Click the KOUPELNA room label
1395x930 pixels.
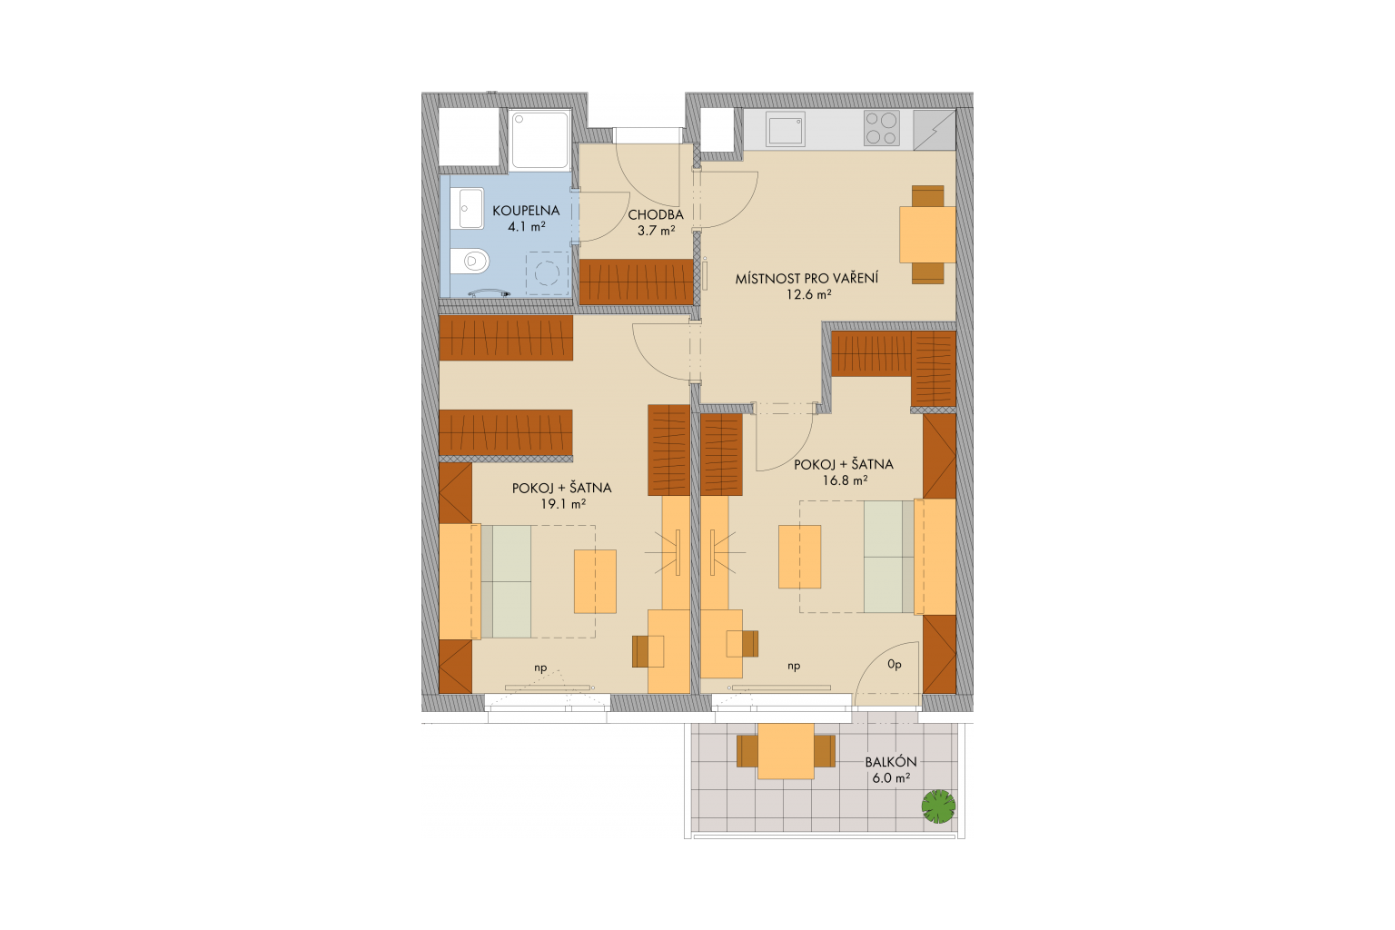[526, 211]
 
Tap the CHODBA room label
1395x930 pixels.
[656, 215]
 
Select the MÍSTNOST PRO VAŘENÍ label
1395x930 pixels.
[806, 279]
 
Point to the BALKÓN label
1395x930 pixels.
[891, 762]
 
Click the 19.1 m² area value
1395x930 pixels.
[563, 504]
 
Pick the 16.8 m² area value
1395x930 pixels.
[845, 480]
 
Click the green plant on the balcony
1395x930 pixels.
[938, 806]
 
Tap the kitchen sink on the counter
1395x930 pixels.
[786, 130]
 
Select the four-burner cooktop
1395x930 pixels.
[881, 128]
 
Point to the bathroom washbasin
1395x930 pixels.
[470, 209]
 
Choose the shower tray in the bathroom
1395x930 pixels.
[539, 140]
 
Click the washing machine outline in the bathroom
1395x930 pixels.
[548, 272]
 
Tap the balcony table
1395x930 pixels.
[786, 750]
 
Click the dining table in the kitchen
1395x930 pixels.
[927, 234]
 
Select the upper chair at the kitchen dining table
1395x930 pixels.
[927, 195]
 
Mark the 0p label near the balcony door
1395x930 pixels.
[895, 666]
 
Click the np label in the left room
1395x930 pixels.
[540, 668]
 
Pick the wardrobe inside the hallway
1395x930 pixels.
[636, 282]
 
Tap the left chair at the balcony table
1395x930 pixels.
[747, 750]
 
